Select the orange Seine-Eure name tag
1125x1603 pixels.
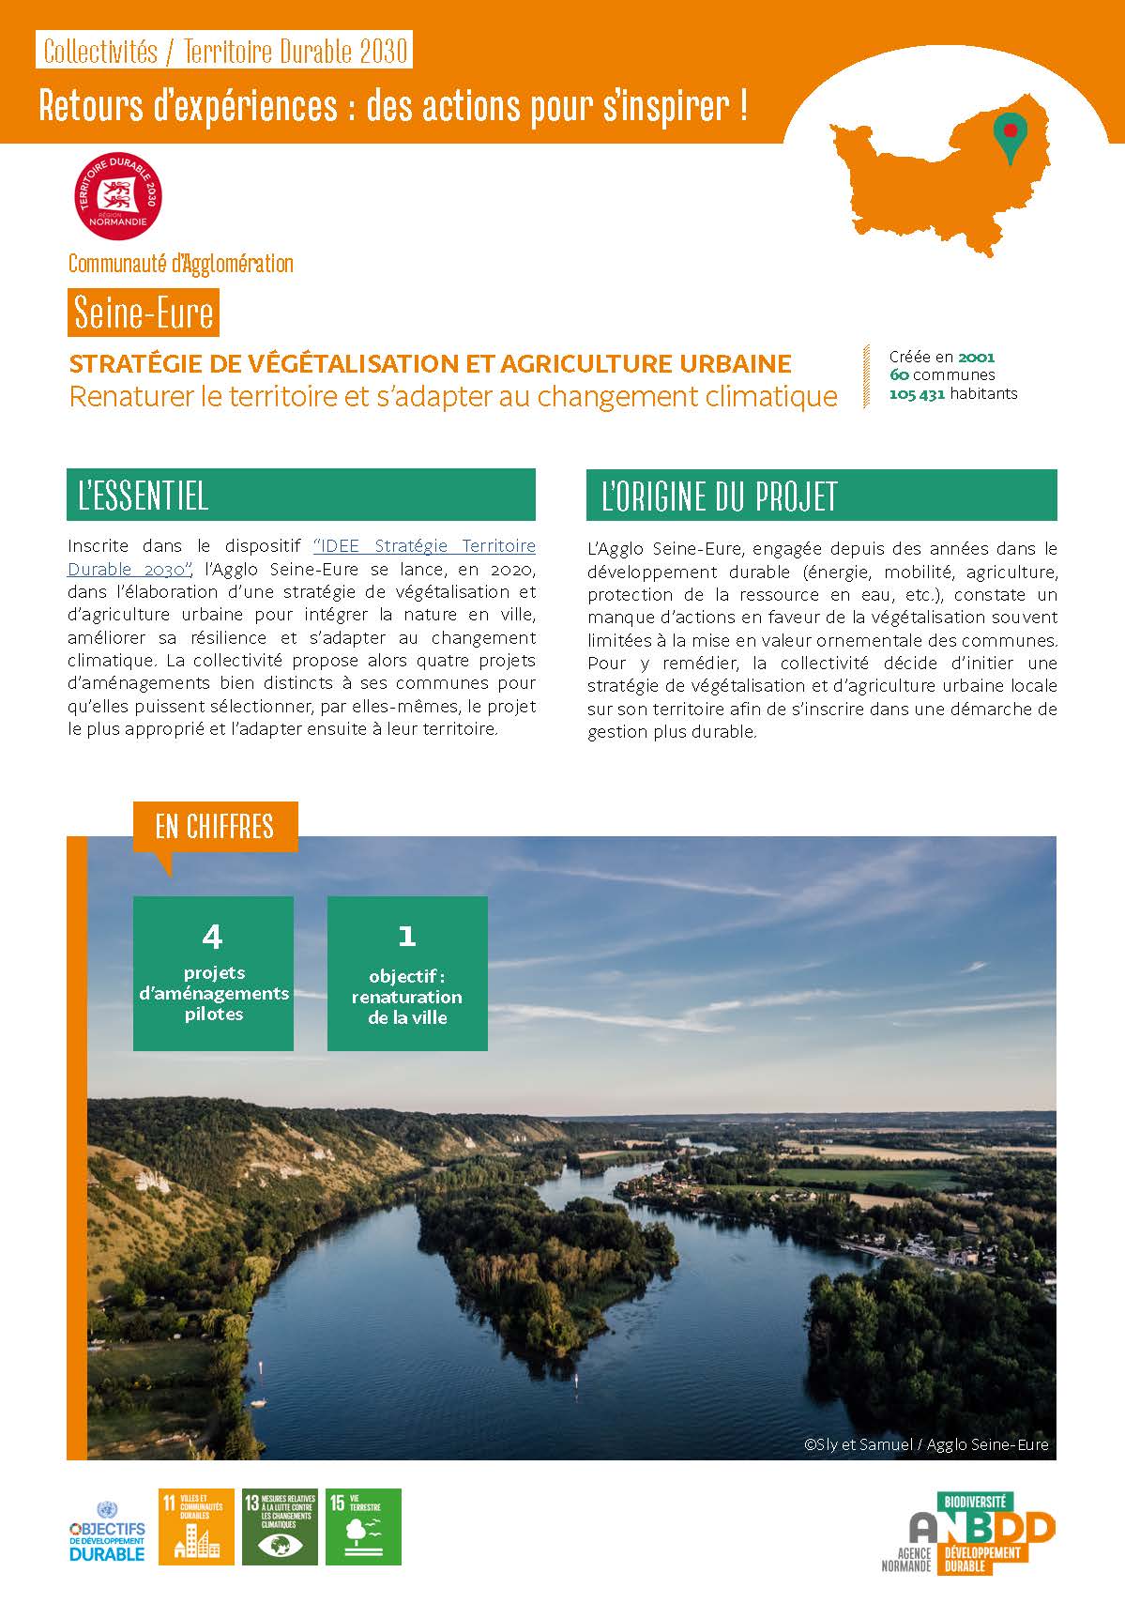144,313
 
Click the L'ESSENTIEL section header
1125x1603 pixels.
300,495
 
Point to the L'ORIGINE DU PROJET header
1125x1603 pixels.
821,495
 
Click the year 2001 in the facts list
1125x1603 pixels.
976,357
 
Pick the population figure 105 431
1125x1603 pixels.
917,394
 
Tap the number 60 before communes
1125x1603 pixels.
898,375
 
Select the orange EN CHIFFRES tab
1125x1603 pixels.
215,827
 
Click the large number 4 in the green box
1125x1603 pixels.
213,936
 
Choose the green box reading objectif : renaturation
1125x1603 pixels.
407,973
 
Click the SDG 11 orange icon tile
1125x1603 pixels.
196,1526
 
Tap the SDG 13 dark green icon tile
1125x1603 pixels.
280,1526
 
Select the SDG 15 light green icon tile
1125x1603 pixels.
363,1526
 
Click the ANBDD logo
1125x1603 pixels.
968,1533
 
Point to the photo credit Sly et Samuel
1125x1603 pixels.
925,1444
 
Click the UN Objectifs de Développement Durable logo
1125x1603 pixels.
108,1532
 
